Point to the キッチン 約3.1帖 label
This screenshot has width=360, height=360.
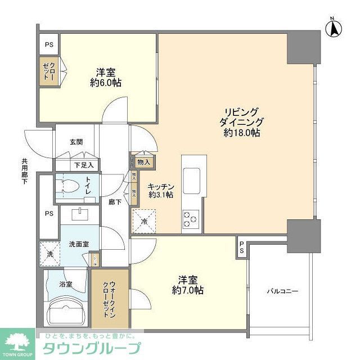161,190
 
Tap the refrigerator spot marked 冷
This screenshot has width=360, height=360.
144,220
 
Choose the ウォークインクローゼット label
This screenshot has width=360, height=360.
110,298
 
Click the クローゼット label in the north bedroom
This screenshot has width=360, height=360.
49,71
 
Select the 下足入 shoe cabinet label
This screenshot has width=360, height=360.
84,165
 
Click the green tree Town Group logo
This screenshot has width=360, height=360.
17,340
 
